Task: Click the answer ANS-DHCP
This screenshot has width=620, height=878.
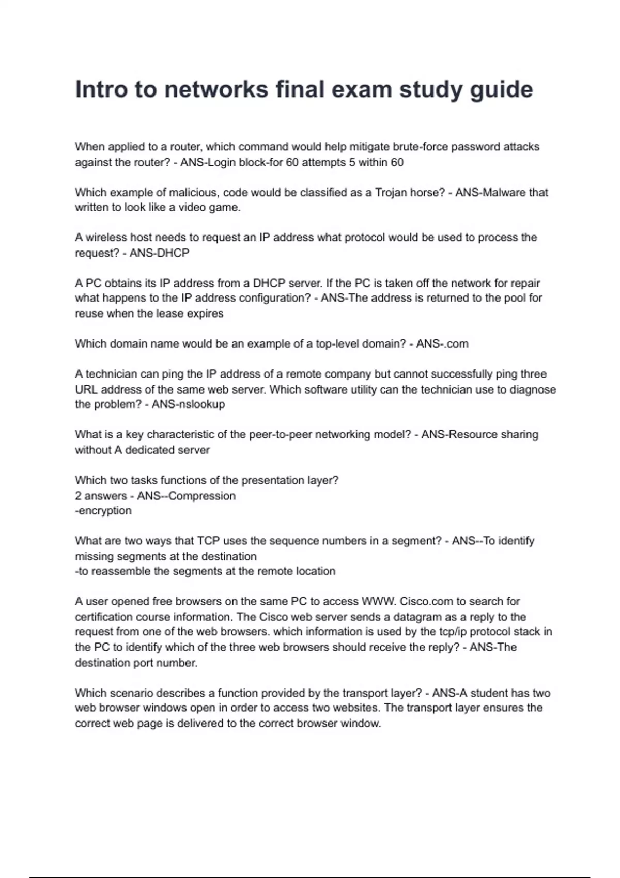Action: (159, 253)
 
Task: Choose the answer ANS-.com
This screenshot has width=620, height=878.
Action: (442, 344)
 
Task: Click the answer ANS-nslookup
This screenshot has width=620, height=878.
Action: (189, 404)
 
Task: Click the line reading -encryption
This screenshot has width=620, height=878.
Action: (103, 511)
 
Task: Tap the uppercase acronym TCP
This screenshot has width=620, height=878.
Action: (209, 541)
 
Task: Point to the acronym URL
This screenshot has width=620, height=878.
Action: (86, 389)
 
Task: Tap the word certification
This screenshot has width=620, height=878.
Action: (104, 617)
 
